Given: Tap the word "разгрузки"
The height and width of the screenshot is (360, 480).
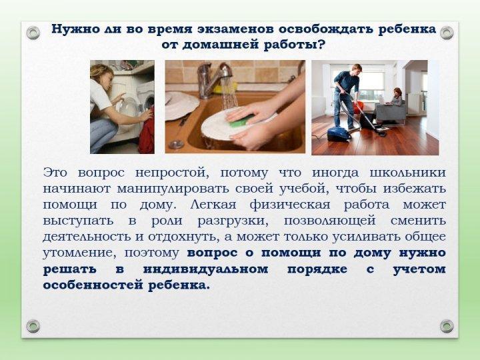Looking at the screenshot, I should tap(229, 221).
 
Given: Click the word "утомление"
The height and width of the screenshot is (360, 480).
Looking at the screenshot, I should tap(75, 253).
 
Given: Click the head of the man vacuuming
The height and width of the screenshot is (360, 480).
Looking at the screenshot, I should tap(357, 69).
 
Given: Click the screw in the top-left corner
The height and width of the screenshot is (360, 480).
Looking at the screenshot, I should tap(33, 31).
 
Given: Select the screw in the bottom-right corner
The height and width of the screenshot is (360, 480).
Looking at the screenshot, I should tap(447, 326).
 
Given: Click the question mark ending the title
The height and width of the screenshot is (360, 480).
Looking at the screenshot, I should tap(322, 45).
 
